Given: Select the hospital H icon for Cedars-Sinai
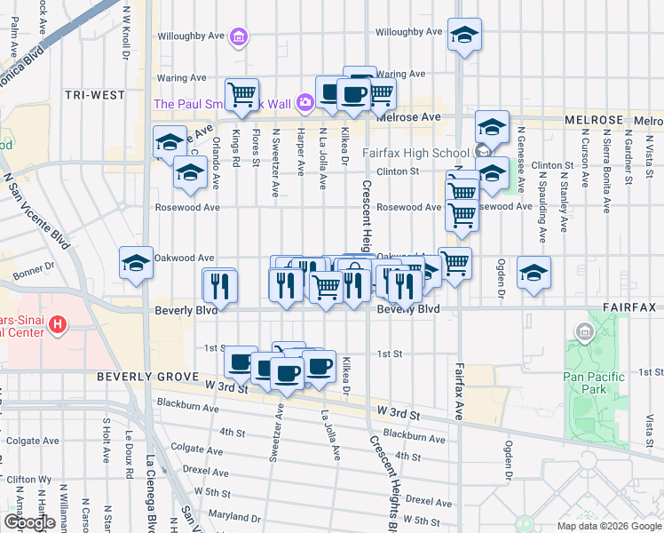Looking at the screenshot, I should [59, 324].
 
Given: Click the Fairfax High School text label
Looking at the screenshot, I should [415, 153].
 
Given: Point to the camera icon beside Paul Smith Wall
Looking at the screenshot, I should [304, 103].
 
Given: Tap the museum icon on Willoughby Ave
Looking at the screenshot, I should [238, 37].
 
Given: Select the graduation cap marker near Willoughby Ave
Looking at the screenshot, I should [464, 35].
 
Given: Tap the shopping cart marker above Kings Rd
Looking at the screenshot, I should [241, 94].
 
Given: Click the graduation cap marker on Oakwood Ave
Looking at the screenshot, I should [137, 262].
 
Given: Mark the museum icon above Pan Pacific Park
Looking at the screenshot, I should [585, 334].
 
